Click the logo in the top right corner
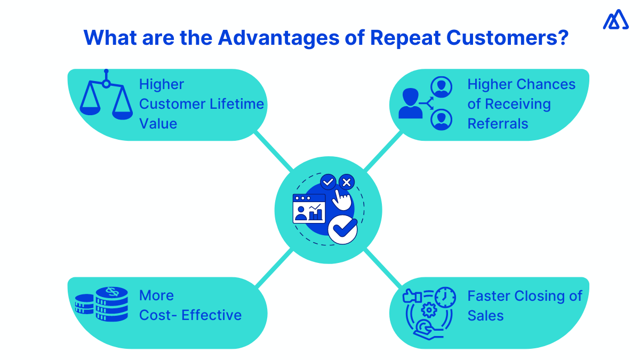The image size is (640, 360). [615, 20]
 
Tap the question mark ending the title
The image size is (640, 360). [560, 38]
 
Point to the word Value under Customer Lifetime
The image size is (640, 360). [158, 124]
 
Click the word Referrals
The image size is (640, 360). [498, 124]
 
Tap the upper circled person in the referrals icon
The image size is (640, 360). [441, 86]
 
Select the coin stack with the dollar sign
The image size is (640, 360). [111, 304]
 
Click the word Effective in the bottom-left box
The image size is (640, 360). [212, 315]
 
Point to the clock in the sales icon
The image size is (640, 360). [445, 297]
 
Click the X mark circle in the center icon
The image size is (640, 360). [347, 182]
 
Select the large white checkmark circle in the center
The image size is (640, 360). [342, 229]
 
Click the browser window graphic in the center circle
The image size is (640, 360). [309, 209]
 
